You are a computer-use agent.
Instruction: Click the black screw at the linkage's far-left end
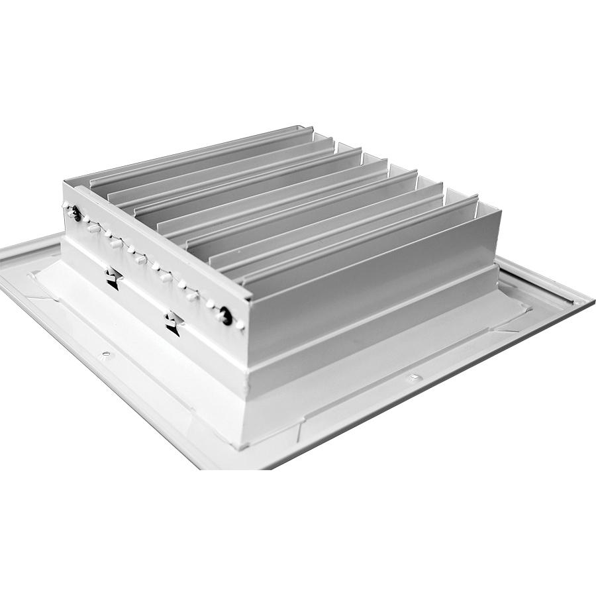click(77, 213)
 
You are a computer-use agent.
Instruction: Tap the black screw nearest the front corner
click(226, 316)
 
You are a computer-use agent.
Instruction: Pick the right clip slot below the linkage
click(174, 323)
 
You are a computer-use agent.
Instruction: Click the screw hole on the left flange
click(105, 356)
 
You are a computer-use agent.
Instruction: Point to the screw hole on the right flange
click(413, 377)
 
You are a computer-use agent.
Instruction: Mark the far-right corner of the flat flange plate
click(591, 301)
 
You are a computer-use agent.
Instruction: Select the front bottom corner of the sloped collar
click(246, 445)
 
